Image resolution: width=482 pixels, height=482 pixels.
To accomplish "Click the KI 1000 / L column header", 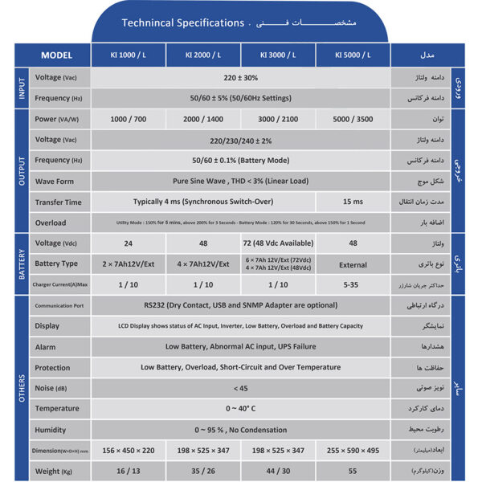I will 129,55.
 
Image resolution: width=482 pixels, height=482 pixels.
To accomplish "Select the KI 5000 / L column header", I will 353,55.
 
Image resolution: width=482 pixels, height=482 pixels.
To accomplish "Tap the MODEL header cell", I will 56,55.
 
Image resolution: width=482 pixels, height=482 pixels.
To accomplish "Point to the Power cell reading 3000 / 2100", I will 278,119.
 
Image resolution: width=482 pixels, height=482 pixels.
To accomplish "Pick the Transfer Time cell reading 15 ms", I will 353,202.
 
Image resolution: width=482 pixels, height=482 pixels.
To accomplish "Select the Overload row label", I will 50,223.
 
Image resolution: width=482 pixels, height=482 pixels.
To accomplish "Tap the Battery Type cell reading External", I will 353,263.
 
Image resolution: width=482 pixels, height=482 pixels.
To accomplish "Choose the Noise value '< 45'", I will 241,388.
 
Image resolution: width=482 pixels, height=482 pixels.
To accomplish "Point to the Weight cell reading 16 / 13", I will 129,471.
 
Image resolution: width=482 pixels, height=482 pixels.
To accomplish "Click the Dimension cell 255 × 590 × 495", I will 353,450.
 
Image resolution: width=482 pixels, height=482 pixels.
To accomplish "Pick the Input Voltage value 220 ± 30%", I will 241,78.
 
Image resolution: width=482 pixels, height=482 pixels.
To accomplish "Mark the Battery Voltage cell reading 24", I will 129,243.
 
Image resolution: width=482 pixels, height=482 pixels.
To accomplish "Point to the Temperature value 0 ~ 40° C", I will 241,409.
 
